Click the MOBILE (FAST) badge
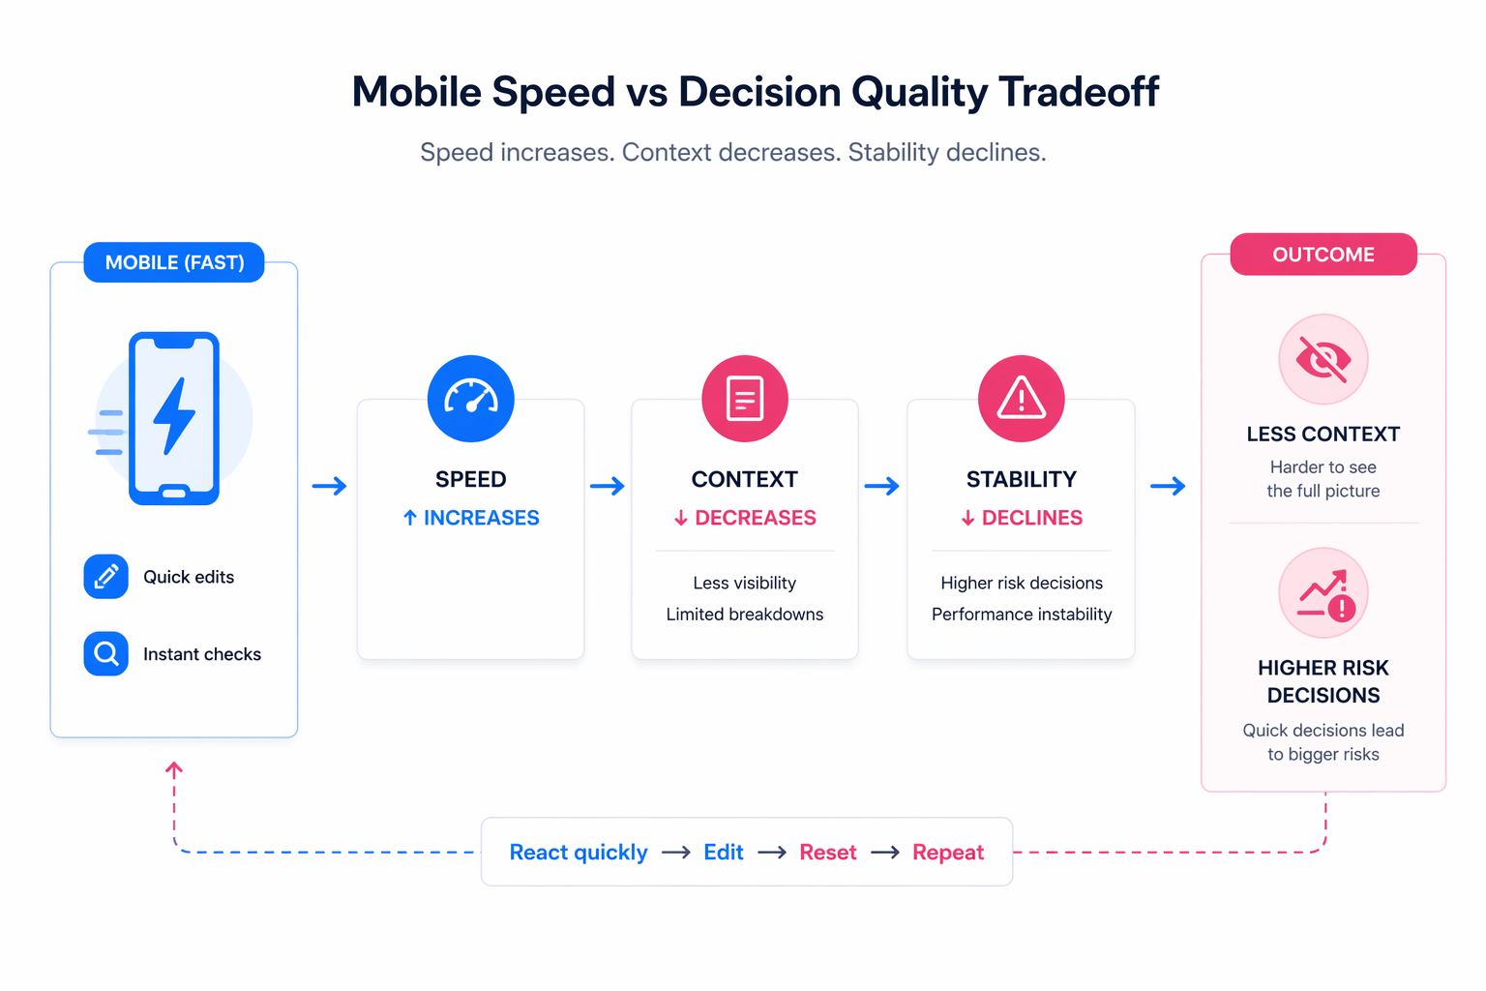click(174, 262)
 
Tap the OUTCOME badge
click(1323, 255)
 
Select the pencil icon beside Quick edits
click(106, 577)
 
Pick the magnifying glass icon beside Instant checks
click(106, 654)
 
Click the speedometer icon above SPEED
click(470, 399)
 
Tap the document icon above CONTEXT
click(744, 399)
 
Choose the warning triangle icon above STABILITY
click(1021, 399)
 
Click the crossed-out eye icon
click(1323, 359)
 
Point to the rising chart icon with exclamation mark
click(1323, 593)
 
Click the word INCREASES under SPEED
click(481, 518)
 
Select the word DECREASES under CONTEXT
click(755, 518)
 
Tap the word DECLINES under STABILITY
click(1031, 518)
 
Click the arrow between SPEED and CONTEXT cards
click(608, 486)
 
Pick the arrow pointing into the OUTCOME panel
click(1168, 486)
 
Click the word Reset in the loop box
click(827, 853)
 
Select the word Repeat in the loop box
click(947, 853)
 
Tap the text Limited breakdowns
click(744, 615)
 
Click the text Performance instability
click(1021, 615)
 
